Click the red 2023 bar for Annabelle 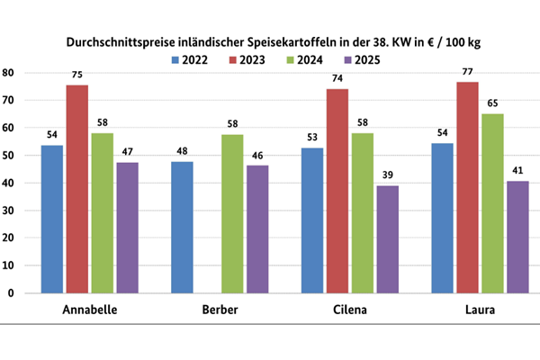click(x=77, y=189)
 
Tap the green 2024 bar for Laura click(x=493, y=203)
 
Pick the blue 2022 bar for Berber click(x=183, y=227)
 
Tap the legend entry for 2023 click(x=247, y=60)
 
